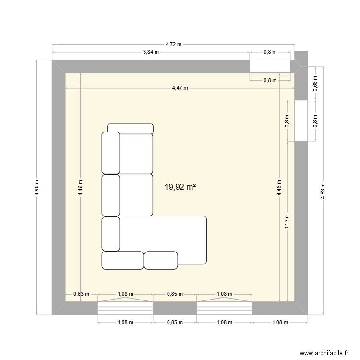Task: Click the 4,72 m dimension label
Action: [x=174, y=44]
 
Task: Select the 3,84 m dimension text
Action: [x=150, y=52]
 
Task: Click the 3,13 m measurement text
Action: [x=287, y=222]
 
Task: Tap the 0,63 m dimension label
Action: [x=81, y=294]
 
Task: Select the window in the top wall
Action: [x=270, y=66]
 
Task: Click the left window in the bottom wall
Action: [x=125, y=308]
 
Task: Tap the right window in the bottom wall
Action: [x=225, y=308]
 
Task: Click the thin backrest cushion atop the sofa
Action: [x=130, y=129]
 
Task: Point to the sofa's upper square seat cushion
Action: [x=136, y=153]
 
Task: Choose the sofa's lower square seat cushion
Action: [x=136, y=195]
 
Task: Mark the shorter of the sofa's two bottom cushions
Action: [x=161, y=260]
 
